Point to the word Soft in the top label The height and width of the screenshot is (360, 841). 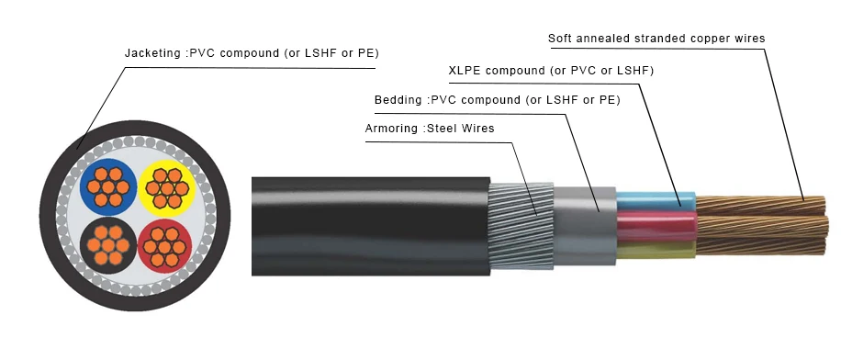(562, 39)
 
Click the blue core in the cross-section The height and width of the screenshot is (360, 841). (108, 186)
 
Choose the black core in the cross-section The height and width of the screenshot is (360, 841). (108, 243)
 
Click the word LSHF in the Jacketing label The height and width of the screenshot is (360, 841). (317, 53)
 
